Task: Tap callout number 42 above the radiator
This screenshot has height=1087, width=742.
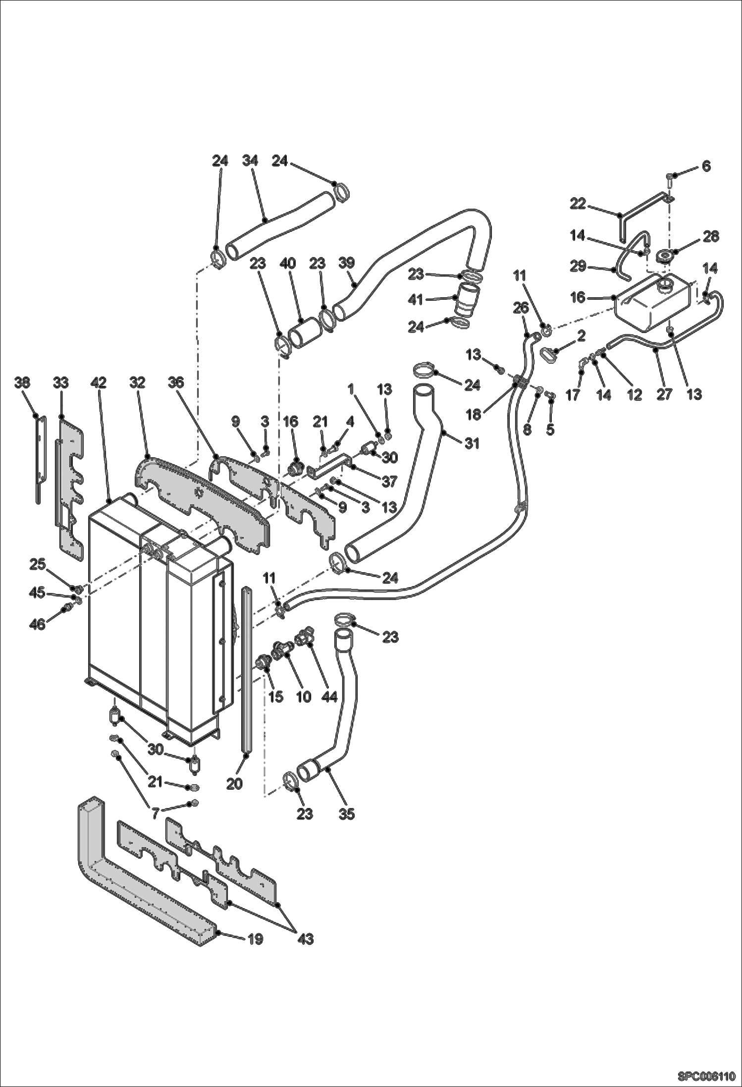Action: (x=99, y=382)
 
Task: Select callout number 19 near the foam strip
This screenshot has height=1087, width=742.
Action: (x=255, y=939)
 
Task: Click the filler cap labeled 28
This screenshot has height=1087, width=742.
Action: (x=664, y=257)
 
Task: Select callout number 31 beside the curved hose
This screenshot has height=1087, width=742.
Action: (x=472, y=443)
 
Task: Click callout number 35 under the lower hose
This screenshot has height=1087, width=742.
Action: (x=347, y=814)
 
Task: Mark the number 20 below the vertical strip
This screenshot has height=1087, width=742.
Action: (x=234, y=784)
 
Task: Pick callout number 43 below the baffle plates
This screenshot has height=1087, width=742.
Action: (x=306, y=939)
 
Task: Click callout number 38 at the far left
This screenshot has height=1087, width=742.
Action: (x=22, y=382)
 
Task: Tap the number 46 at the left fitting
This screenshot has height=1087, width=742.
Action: (x=38, y=624)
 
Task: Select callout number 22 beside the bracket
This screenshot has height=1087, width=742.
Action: (x=578, y=204)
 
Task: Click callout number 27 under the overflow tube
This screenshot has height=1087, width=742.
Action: (x=664, y=394)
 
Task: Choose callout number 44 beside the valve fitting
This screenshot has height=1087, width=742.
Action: (x=329, y=697)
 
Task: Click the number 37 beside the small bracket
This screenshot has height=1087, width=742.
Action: (x=390, y=481)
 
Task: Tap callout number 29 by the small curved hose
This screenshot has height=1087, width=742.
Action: (x=578, y=267)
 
